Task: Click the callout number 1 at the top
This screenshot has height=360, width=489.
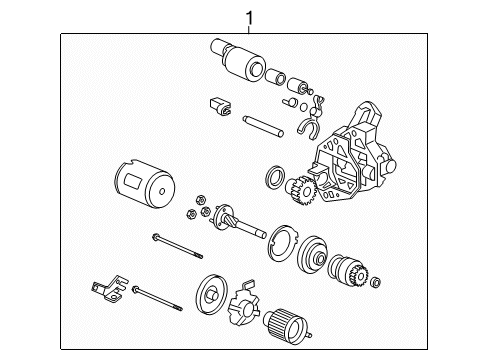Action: (249, 18)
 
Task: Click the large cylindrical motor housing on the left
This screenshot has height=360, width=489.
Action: (144, 184)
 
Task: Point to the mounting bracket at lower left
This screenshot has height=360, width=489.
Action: (109, 289)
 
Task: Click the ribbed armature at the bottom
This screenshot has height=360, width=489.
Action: (286, 324)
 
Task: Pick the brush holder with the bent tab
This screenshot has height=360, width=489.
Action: (244, 303)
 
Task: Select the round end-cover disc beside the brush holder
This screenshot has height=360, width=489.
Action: (211, 295)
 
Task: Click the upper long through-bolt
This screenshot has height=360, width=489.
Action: (177, 246)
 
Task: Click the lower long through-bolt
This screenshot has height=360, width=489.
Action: (157, 298)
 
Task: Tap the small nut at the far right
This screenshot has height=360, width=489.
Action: (376, 282)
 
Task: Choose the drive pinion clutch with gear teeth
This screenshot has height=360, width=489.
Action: (348, 271)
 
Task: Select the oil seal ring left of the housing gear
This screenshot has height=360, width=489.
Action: (275, 176)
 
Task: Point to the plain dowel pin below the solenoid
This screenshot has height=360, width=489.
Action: (263, 126)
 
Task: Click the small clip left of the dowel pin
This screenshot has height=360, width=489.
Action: (220, 106)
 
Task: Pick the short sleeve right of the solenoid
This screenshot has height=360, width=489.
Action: (276, 76)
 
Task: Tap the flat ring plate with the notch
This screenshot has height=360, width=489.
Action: (282, 244)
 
